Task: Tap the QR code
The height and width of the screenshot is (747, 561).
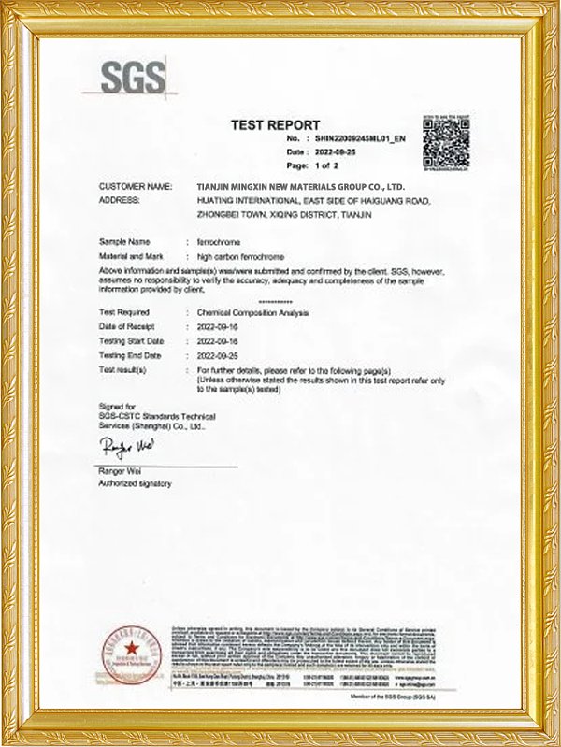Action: coord(445,144)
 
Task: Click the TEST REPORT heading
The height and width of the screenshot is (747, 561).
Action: coord(275,124)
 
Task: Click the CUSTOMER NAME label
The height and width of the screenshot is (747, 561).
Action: coord(136,187)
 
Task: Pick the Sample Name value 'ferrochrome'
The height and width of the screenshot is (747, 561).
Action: coord(218,242)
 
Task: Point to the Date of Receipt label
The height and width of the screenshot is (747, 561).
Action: coord(131,326)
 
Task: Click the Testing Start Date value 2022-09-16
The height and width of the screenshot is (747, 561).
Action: coord(219,341)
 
